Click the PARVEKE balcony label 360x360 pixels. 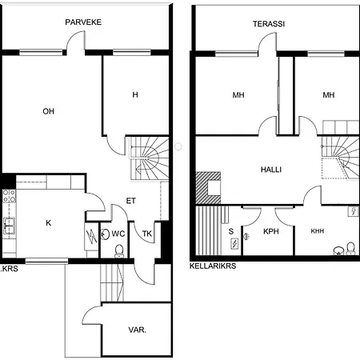(x=83, y=22)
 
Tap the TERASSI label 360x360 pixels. (x=269, y=24)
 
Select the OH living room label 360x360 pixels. (x=48, y=111)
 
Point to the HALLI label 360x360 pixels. (x=271, y=170)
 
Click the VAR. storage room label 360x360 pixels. (x=137, y=330)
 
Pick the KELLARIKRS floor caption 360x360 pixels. (x=213, y=266)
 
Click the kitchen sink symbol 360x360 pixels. (x=9, y=226)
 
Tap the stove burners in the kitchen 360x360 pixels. (x=10, y=196)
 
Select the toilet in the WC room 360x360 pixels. (x=119, y=251)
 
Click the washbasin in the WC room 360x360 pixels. (x=106, y=234)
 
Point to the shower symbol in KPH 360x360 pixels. (x=246, y=236)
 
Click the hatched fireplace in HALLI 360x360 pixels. (x=208, y=188)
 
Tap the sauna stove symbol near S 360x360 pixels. (x=234, y=244)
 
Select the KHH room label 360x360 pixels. (x=318, y=231)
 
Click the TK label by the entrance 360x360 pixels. (x=147, y=234)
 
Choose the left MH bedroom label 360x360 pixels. (x=238, y=95)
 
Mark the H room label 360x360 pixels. (x=135, y=94)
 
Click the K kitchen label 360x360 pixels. (x=48, y=223)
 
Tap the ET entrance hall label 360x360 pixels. (x=130, y=201)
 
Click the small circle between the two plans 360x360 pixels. (x=178, y=146)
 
